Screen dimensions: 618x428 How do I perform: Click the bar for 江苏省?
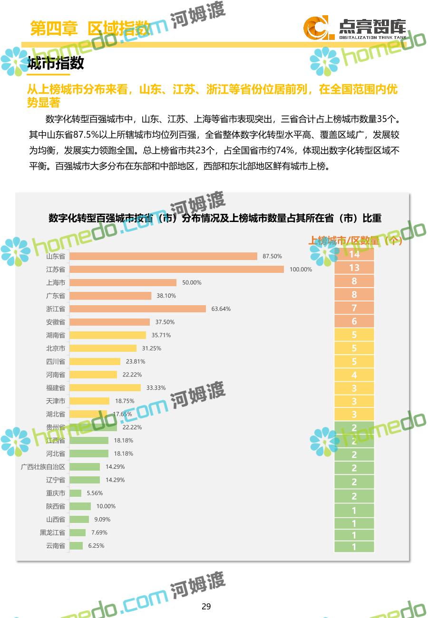coord(176,269)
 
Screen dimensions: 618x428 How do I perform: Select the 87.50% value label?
coord(272,256)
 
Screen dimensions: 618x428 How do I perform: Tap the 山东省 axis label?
coord(56,256)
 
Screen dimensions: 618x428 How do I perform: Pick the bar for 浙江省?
coord(137,309)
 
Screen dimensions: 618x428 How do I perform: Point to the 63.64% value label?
coord(221,309)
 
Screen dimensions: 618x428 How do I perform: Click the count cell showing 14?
coord(354,254)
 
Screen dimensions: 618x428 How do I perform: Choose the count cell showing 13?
coord(354,268)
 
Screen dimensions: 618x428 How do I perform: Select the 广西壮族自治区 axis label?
coord(43,467)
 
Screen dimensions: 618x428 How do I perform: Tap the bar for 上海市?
coord(123,282)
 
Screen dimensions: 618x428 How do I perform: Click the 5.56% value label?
coord(95,493)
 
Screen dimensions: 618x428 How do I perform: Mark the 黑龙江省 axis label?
coord(52,532)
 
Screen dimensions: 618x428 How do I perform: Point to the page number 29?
coord(206,606)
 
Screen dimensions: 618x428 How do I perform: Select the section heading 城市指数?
coord(56,63)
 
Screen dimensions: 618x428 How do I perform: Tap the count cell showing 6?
coord(354,321)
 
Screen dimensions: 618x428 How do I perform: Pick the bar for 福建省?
coord(105,387)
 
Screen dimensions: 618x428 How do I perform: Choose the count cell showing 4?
coord(354,375)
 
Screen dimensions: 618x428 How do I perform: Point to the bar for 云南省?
coord(76,546)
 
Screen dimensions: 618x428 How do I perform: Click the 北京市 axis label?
coord(56,348)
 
